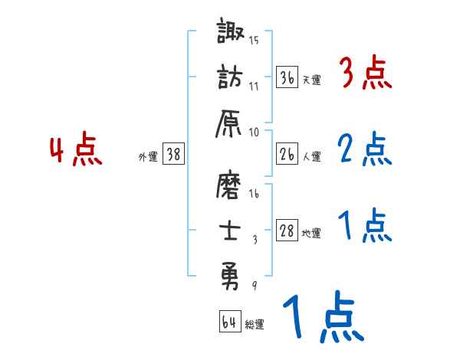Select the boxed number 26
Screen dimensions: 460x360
tap(287, 154)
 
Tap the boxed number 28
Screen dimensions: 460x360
tap(287, 231)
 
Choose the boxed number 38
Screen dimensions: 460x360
tap(173, 154)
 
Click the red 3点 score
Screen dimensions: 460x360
tap(365, 75)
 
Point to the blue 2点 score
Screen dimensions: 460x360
tap(365, 149)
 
